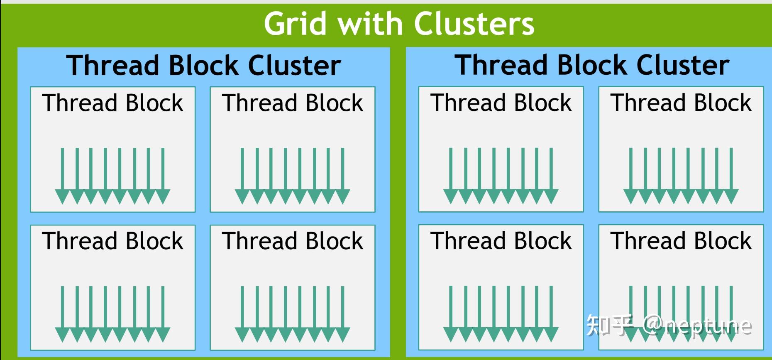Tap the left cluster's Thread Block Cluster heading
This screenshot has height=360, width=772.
[x=203, y=66]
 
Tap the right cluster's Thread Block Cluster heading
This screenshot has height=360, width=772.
[x=592, y=65]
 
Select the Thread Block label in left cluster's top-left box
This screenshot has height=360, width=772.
[x=112, y=103]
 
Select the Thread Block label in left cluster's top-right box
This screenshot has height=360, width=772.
[x=293, y=103]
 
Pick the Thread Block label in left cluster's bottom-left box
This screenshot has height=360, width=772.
[x=112, y=241]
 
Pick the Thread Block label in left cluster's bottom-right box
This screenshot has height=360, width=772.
[x=293, y=241]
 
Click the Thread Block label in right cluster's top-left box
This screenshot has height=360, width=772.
[x=501, y=103]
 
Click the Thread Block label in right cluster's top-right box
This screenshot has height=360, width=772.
[x=681, y=103]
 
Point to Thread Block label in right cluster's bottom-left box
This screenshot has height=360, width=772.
[x=501, y=241]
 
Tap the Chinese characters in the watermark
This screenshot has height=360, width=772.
[x=609, y=325]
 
